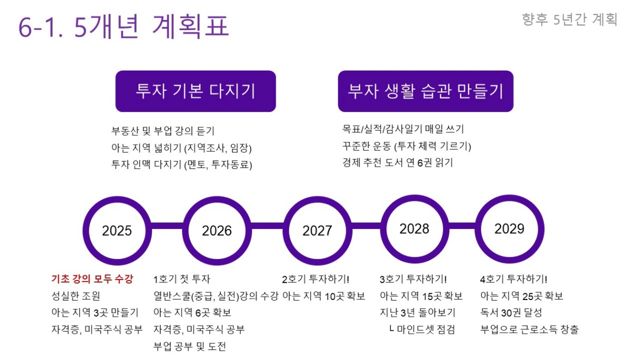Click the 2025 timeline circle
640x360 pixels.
117,199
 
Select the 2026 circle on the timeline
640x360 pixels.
217,199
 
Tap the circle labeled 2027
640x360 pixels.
317,199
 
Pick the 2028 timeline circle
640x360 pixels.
414,197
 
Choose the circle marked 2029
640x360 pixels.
509,197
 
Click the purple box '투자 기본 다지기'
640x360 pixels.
196,91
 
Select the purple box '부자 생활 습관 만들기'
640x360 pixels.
425,91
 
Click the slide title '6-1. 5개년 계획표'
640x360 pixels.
124,26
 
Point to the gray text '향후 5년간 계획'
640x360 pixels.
569,19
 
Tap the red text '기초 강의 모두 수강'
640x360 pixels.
92,279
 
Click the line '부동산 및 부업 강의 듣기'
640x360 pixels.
163,131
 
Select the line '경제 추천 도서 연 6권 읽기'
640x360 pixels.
398,163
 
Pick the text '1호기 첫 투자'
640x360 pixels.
182,279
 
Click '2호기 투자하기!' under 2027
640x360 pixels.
316,279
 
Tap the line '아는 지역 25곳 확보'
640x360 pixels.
522,296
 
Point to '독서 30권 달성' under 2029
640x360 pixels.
511,313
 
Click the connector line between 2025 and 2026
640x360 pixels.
167,226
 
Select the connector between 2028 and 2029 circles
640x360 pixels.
462,226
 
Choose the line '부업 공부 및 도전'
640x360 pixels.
189,346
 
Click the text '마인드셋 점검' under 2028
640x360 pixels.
426,329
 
